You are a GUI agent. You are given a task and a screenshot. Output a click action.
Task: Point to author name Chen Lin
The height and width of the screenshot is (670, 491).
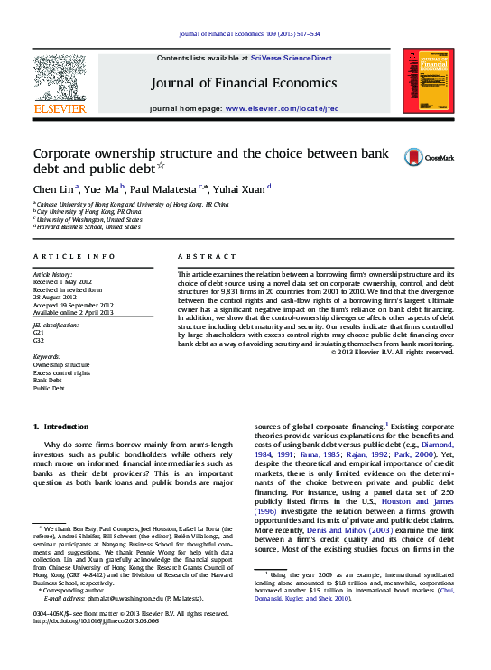point(54,189)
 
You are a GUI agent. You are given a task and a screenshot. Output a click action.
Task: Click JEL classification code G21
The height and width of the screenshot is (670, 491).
point(39,333)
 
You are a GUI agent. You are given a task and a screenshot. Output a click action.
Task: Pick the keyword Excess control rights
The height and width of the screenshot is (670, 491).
point(61,372)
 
